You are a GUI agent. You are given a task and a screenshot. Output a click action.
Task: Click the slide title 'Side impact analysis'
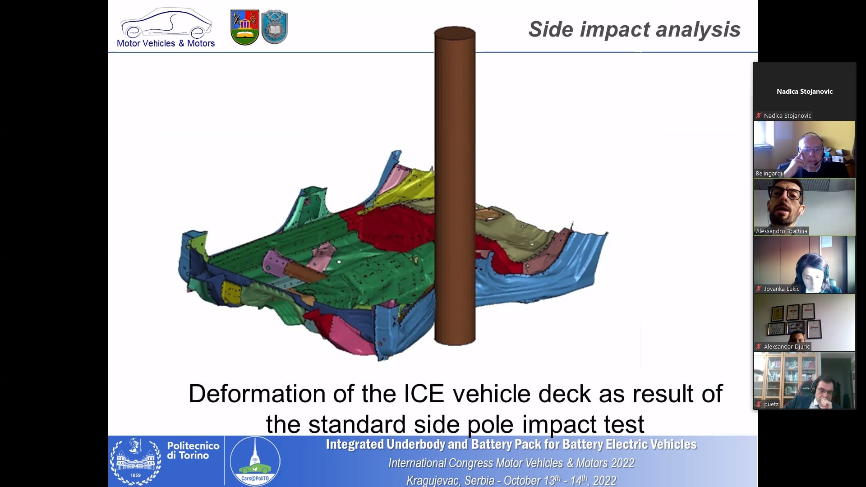(x=634, y=29)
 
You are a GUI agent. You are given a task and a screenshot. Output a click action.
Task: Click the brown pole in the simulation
(x=455, y=185)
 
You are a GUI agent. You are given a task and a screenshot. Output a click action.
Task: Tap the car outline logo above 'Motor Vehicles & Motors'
(x=166, y=23)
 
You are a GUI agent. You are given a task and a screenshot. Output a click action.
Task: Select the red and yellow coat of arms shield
(x=244, y=28)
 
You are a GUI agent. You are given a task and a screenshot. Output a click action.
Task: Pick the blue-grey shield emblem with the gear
(x=274, y=27)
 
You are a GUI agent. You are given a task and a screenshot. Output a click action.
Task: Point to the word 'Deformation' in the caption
(x=258, y=393)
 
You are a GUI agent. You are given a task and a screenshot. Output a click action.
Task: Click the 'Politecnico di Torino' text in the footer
(x=193, y=450)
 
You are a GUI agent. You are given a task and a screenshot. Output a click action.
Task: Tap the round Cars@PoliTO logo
(x=255, y=461)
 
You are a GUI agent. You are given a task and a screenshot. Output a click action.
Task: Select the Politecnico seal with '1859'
(x=136, y=461)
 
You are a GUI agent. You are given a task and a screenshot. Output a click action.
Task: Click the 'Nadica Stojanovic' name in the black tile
(x=805, y=91)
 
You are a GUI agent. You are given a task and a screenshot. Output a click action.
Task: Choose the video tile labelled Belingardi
(x=805, y=149)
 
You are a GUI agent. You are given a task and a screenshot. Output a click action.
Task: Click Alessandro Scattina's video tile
(x=805, y=207)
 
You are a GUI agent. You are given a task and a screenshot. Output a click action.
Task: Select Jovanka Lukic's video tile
(x=805, y=265)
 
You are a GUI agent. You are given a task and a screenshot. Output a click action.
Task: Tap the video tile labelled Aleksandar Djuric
(x=805, y=322)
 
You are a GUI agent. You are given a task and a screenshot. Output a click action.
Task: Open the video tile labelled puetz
(x=805, y=380)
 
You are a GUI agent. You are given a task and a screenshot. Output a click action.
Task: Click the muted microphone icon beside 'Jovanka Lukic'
(x=759, y=289)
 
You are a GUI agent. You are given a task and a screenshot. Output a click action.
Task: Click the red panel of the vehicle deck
(x=392, y=230)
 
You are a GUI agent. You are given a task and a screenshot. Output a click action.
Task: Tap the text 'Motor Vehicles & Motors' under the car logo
(x=166, y=43)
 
